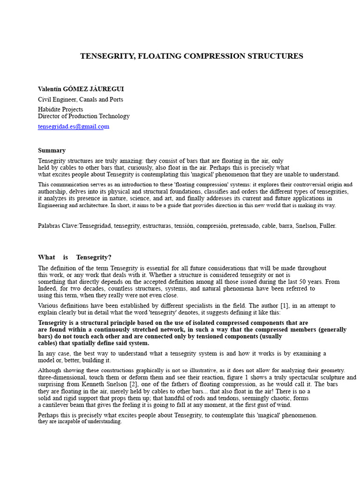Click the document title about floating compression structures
191,56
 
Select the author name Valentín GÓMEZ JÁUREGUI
81,89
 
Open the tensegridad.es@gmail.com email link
74,127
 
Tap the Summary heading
52,150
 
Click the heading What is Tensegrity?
75,257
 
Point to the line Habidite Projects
60,109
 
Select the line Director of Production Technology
83,116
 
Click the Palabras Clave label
58,226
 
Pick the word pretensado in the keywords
248,226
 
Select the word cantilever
59,405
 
